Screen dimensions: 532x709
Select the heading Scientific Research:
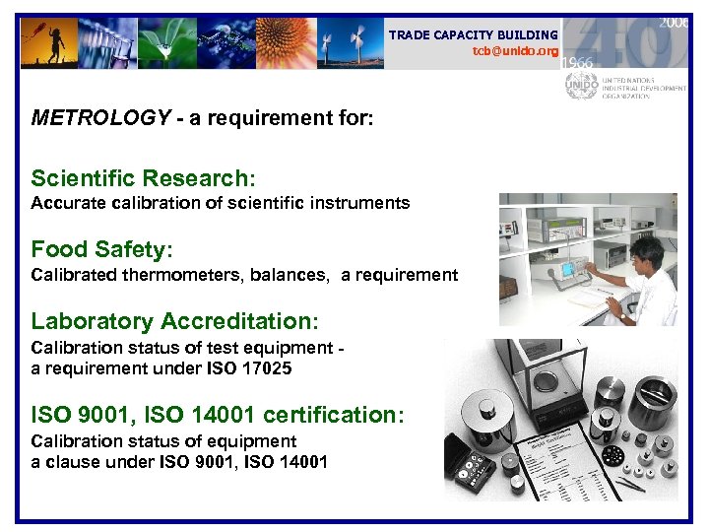pos(143,178)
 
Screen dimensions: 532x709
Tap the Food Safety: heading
pos(101,249)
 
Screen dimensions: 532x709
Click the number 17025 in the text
pos(269,368)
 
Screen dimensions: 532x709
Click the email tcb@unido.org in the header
pos(515,50)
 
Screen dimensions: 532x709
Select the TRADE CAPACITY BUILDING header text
pos(473,34)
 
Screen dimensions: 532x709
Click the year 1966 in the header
pos(578,61)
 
